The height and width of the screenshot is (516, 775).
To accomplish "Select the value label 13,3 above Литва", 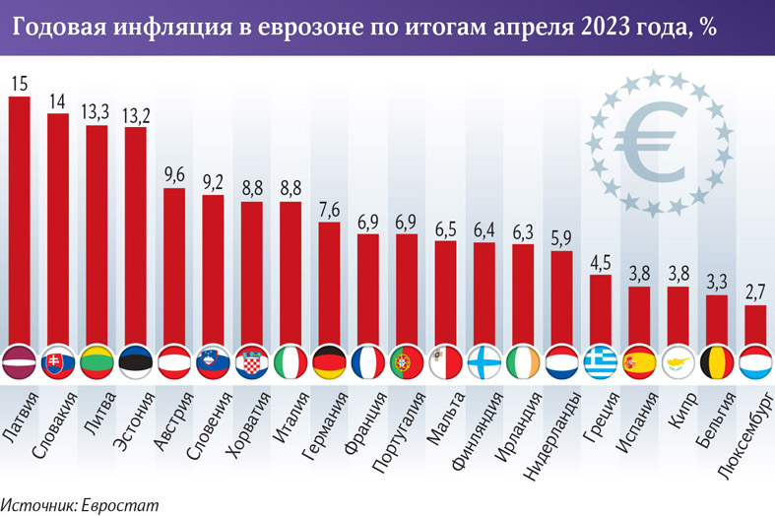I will click(x=96, y=112).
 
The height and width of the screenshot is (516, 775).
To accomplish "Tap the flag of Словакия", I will click(x=57, y=362).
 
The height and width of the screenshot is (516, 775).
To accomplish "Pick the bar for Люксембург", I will click(x=754, y=325).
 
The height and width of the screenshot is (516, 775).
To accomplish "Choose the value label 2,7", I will click(x=754, y=292).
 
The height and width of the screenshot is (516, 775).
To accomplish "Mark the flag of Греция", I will click(x=600, y=362).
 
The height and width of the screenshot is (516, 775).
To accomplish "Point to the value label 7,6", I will click(x=329, y=210).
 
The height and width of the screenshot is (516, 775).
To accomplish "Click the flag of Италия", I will click(x=291, y=362).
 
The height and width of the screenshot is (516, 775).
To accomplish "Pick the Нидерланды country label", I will click(x=547, y=433).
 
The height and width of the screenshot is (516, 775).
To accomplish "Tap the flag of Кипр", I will click(x=678, y=362).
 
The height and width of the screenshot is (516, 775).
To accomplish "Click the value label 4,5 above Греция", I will click(x=600, y=262).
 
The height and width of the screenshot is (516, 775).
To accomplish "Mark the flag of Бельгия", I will click(x=716, y=362).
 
